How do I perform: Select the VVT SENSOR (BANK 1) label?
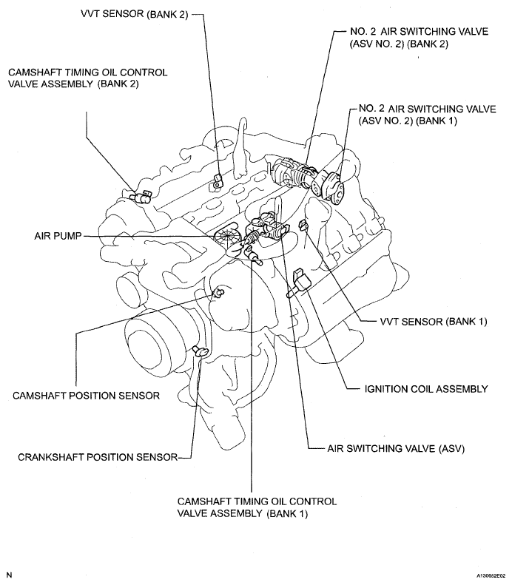(417, 322)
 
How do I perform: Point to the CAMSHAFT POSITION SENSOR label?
(87, 395)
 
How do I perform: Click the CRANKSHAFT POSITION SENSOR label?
(98, 457)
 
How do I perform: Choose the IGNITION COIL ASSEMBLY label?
(426, 388)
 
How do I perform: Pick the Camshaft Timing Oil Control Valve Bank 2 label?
(87, 78)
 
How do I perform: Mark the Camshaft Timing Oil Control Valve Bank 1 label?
(257, 507)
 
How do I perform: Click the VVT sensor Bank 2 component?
(218, 178)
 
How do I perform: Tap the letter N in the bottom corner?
(9, 574)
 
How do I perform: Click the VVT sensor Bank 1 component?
(302, 224)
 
